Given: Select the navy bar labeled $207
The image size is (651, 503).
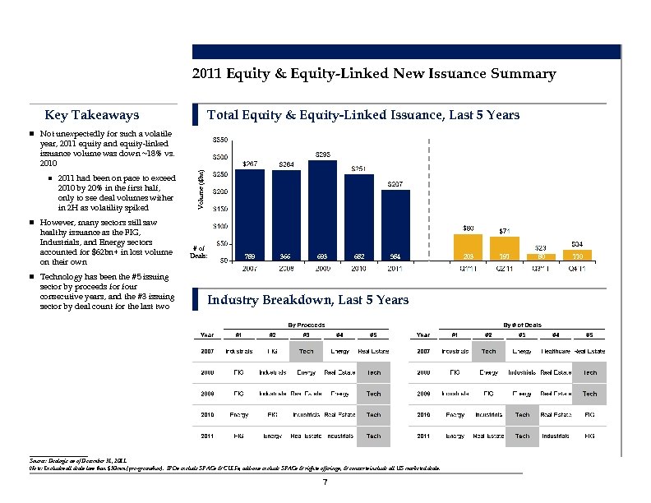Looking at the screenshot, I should coord(395,226).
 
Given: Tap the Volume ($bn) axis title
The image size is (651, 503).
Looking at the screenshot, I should coord(202,187).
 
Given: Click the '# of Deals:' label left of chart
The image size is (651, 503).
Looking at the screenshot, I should coord(197,251).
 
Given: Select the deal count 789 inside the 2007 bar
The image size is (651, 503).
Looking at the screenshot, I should coord(251,256).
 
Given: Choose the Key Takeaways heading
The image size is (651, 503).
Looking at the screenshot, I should coord(92,115).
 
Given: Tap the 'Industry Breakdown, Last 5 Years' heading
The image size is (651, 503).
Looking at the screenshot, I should coord(308,300).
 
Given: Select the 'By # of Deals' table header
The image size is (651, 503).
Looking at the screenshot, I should coord(512,325).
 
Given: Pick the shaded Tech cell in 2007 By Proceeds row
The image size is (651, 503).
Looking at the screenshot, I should coord(306,351).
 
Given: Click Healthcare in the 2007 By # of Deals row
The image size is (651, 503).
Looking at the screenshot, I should coord(555,351).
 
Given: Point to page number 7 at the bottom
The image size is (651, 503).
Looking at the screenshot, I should coord(325,482).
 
